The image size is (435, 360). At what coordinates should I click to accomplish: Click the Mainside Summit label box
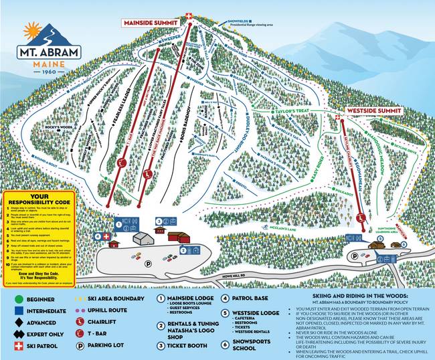[149, 23]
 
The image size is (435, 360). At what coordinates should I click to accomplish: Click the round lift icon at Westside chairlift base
[361, 217]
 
